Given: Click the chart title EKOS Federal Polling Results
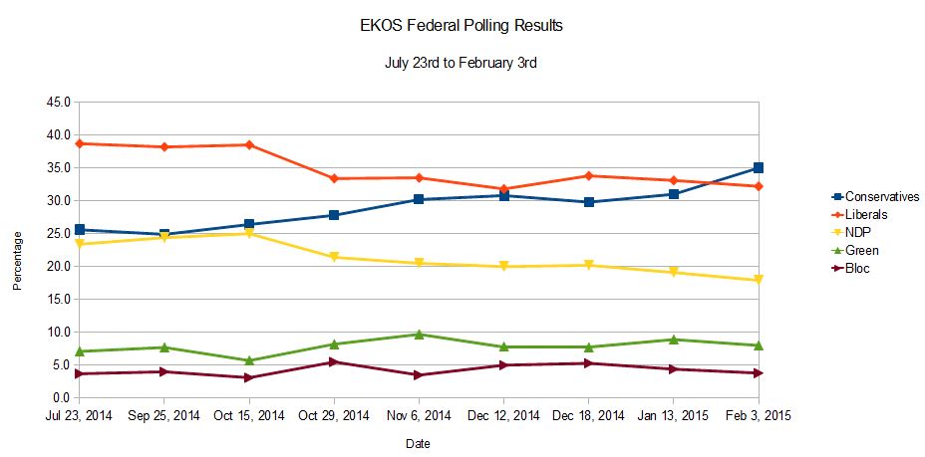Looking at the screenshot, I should point(461,26).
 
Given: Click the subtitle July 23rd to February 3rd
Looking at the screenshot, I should point(461,63).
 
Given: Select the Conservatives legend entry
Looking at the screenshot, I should point(875,197).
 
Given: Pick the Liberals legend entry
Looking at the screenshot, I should point(859,215).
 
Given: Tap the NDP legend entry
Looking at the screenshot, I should point(850,233).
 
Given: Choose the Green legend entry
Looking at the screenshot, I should point(854,251).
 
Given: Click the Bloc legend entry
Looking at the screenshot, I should point(850,269).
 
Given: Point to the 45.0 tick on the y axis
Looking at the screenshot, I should point(57,103).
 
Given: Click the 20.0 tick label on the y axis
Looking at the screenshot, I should point(57,267).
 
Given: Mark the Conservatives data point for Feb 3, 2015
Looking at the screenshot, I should point(759,168).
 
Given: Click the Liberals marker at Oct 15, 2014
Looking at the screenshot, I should point(249,145).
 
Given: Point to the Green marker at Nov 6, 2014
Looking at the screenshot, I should point(419,335).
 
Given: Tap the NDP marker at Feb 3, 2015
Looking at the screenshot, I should point(759,281).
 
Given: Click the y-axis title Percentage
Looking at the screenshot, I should point(17,260).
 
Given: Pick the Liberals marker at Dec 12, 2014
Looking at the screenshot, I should point(504,189).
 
